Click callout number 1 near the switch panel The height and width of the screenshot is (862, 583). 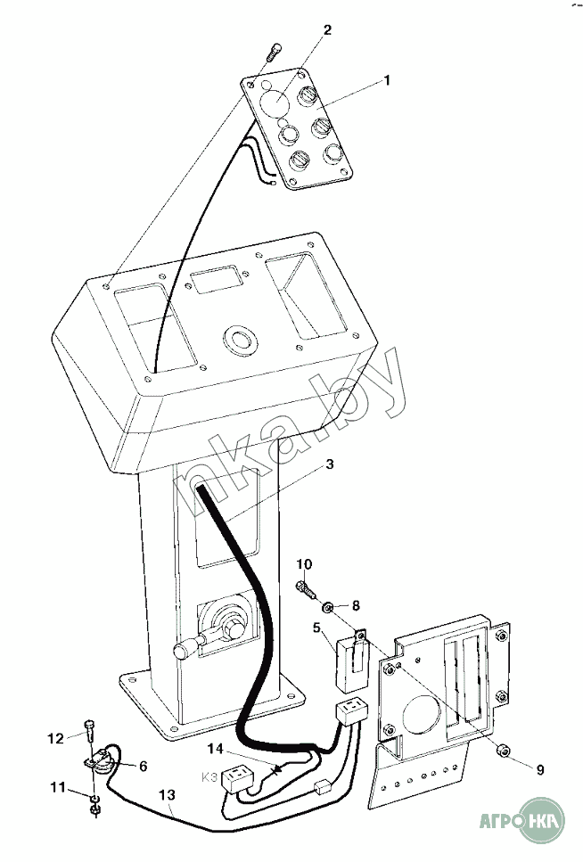point(386,80)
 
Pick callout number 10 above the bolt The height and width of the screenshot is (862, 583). point(304,563)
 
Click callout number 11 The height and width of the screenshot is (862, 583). point(59,787)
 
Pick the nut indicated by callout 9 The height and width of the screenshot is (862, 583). point(504,750)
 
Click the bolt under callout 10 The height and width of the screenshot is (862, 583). point(305,588)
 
